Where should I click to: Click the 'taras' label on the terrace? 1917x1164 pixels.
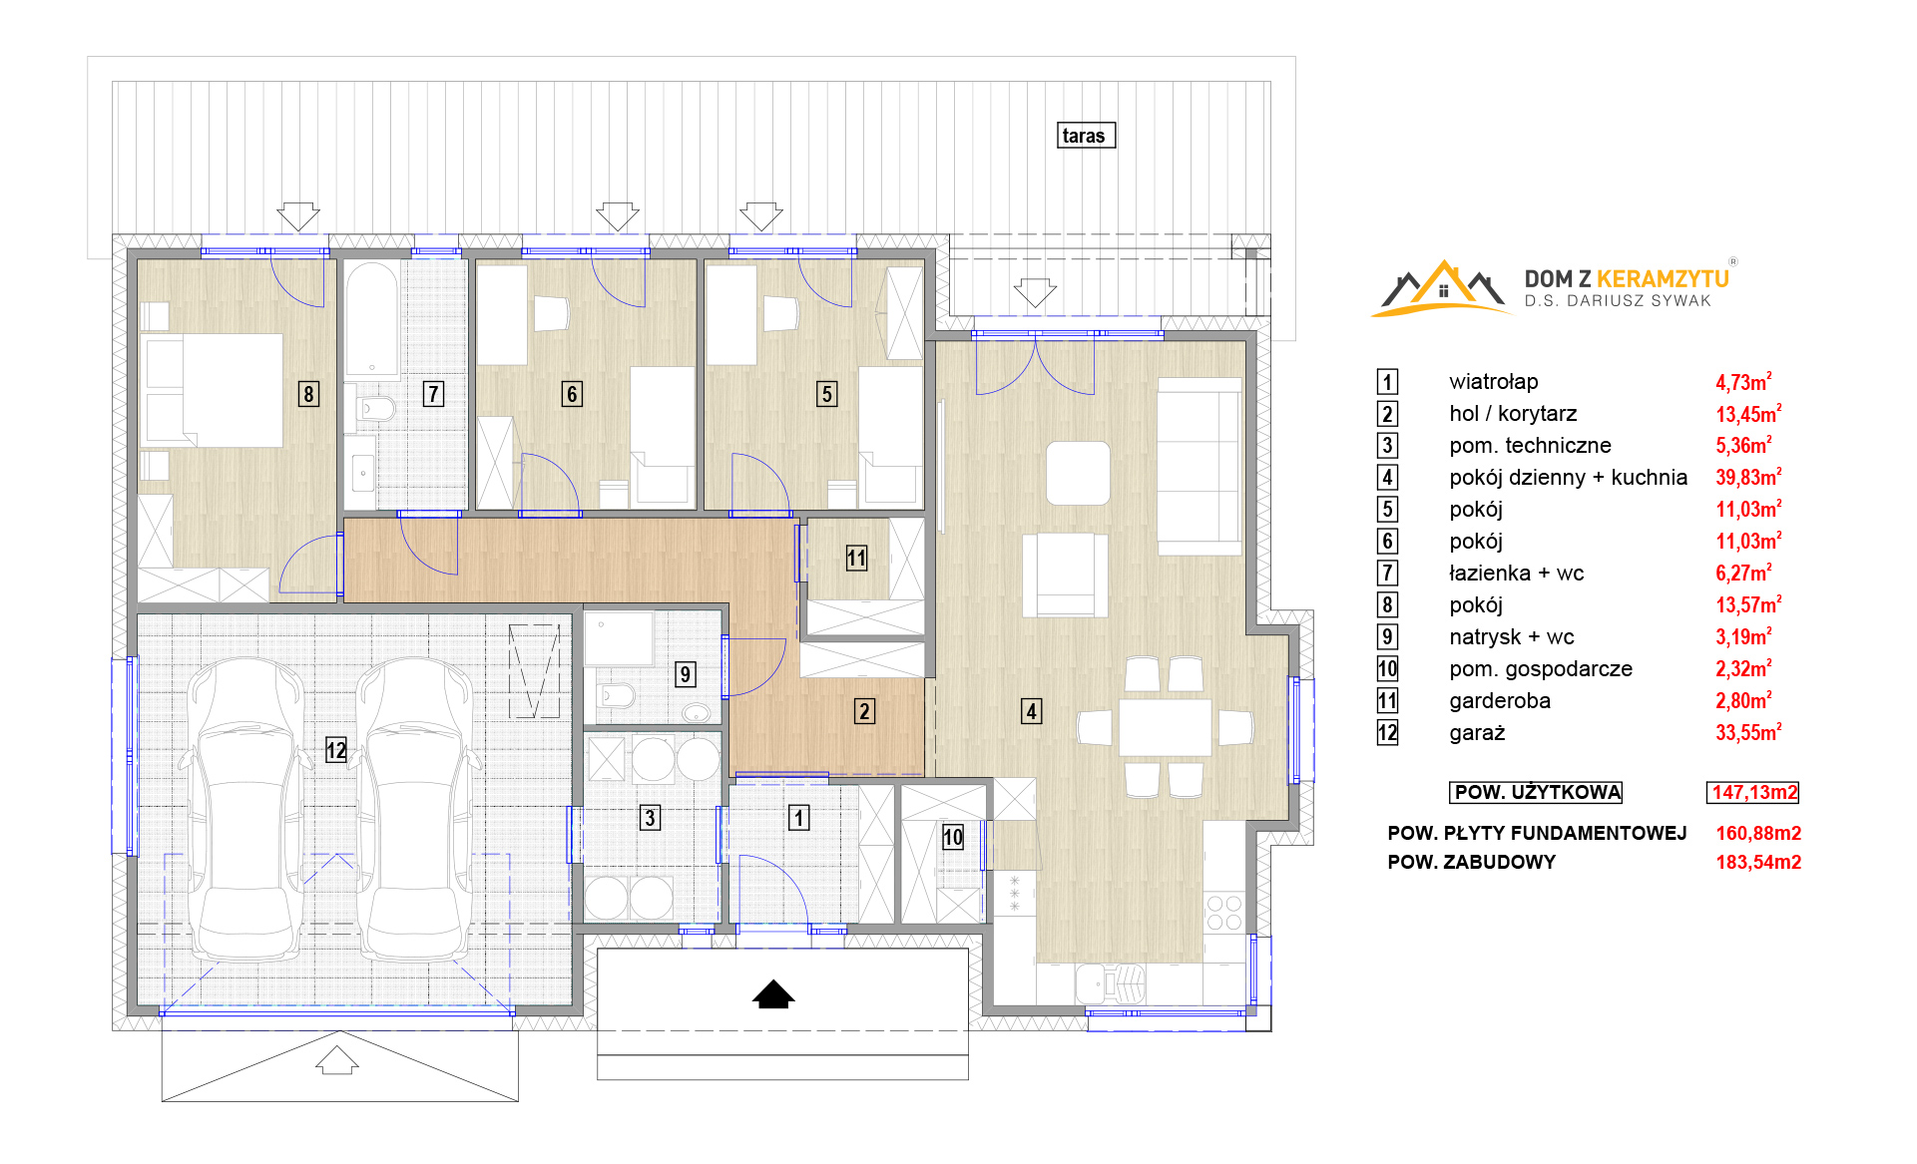[x=1086, y=136]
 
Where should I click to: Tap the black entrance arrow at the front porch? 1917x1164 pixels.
[x=773, y=994]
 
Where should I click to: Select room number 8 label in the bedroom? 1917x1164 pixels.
[x=308, y=394]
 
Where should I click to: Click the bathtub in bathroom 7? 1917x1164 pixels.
[x=372, y=319]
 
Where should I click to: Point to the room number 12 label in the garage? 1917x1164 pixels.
[x=336, y=750]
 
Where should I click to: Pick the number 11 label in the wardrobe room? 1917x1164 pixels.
[x=856, y=558]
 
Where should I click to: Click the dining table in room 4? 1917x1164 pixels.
[x=1165, y=727]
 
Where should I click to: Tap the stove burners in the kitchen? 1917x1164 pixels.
[x=1224, y=913]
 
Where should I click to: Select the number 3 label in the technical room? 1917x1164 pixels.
[x=650, y=818]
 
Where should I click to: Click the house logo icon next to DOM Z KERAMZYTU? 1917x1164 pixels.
[x=1443, y=288]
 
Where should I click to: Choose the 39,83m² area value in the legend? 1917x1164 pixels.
[x=1748, y=477]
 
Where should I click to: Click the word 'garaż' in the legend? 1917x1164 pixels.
[x=1477, y=733]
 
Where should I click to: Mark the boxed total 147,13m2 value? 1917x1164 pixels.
[x=1753, y=792]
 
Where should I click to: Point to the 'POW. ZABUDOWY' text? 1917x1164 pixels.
[x=1471, y=862]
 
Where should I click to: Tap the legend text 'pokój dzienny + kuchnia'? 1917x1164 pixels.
[x=1568, y=477]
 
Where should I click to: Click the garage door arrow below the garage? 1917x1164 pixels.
[x=337, y=1060]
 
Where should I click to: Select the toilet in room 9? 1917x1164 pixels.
[x=616, y=694]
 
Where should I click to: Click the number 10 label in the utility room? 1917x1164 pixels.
[x=953, y=837]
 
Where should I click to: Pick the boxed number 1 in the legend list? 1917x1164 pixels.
[x=1387, y=382]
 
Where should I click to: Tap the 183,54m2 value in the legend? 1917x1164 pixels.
[x=1758, y=862]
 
